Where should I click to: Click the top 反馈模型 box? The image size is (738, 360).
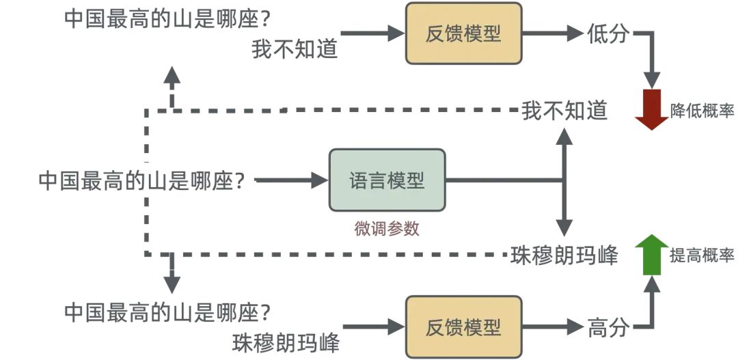pyautogui.click(x=463, y=33)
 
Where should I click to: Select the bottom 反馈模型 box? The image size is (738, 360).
pyautogui.click(x=463, y=327)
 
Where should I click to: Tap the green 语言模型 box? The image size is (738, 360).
pyautogui.click(x=387, y=180)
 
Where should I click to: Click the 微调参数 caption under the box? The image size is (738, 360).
pyautogui.click(x=387, y=229)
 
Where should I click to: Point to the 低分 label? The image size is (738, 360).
pyautogui.click(x=607, y=33)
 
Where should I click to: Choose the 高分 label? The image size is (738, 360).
pyautogui.click(x=607, y=328)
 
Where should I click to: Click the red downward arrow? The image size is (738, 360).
pyautogui.click(x=651, y=110)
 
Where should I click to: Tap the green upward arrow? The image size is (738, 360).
pyautogui.click(x=651, y=254)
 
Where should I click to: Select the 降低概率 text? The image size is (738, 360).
pyautogui.click(x=702, y=111)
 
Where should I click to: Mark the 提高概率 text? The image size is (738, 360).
pyautogui.click(x=702, y=255)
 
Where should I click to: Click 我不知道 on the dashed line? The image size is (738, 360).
pyautogui.click(x=564, y=110)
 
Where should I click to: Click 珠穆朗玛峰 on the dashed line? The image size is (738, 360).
pyautogui.click(x=564, y=255)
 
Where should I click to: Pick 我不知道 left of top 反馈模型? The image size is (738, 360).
pyautogui.click(x=295, y=49)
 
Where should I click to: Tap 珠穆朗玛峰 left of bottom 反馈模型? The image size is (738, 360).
pyautogui.click(x=286, y=342)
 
